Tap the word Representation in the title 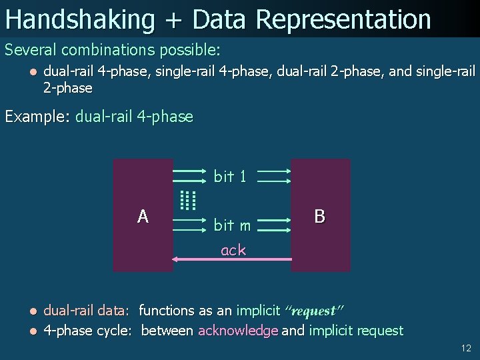point(344,19)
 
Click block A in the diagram point(143,215)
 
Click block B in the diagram point(320,215)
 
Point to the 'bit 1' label point(230,177)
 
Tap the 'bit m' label point(232,225)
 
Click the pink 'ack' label point(233,250)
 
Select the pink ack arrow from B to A point(231,259)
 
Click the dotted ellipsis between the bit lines point(189,200)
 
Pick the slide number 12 point(465,348)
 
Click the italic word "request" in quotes point(313,311)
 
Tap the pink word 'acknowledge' point(238,331)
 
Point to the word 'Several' point(31,50)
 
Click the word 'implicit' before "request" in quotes point(259,311)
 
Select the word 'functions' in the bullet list point(167,311)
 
